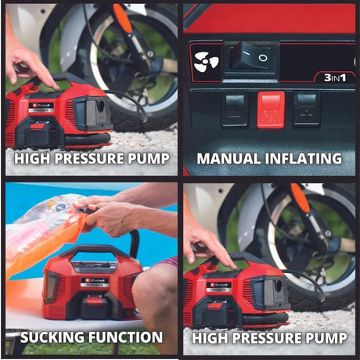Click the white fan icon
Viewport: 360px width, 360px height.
coord(207,62)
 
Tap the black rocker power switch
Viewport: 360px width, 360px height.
coord(251,56)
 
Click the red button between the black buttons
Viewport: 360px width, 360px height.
coord(271,110)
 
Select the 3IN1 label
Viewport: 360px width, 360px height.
coord(335,77)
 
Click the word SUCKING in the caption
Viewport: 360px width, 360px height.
coord(52,337)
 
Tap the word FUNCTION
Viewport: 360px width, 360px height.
coord(126,337)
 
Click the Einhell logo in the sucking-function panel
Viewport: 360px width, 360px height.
coord(95,281)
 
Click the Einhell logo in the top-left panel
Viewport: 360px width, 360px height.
coord(41,106)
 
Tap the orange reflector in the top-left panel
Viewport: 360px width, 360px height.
coord(122,17)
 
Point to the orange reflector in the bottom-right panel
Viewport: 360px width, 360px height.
coord(300,197)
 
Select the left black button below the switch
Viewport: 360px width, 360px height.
coord(234,110)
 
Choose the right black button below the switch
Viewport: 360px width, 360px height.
coord(307,110)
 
